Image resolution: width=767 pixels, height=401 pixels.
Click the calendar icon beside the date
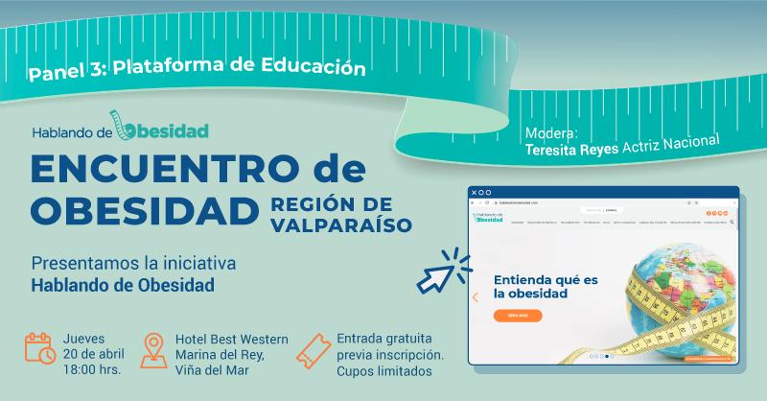click(40, 348)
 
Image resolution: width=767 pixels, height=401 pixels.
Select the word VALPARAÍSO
click(340, 225)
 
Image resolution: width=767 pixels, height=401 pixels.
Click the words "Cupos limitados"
click(384, 371)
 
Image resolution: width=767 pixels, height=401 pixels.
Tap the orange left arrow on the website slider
click(476, 297)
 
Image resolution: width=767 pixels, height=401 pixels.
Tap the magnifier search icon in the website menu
click(732, 222)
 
